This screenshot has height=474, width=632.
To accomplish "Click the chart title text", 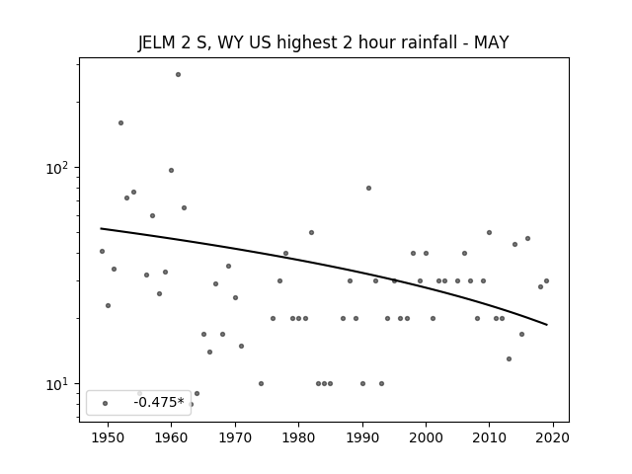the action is click(323, 42).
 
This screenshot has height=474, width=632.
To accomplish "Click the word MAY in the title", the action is click(492, 41).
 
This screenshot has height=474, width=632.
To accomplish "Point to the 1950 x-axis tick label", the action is click(108, 437).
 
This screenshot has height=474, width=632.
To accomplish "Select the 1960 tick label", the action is click(171, 437).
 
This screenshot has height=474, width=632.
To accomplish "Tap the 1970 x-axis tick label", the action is click(235, 437).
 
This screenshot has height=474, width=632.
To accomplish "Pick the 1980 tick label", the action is click(298, 437).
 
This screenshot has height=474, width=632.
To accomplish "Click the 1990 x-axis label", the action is click(362, 437).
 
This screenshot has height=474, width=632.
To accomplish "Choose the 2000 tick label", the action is click(426, 437).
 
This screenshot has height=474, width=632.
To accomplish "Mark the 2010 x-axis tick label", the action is click(490, 437).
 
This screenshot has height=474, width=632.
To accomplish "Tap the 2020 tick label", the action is click(553, 437).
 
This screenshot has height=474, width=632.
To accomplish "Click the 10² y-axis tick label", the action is click(59, 168).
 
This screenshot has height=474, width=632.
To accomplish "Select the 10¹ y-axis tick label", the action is click(59, 384).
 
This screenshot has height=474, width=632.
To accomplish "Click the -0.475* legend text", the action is click(159, 402).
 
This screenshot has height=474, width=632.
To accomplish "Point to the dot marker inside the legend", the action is click(106, 403).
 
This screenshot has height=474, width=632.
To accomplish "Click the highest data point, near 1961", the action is click(178, 75).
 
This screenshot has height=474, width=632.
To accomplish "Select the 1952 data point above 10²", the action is click(120, 122).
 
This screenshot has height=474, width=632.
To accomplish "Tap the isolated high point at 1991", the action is click(368, 189).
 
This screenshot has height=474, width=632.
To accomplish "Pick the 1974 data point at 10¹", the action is click(261, 384).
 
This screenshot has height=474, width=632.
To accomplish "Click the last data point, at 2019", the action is click(546, 280).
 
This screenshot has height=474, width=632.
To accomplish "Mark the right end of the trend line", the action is click(547, 325).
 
